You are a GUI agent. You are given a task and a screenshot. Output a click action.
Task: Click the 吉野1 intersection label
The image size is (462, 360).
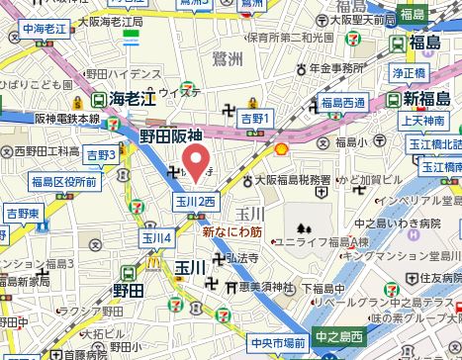255,119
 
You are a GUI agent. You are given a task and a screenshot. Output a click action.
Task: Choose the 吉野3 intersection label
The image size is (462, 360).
101,154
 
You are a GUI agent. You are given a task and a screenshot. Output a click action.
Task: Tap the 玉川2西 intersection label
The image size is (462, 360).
196,202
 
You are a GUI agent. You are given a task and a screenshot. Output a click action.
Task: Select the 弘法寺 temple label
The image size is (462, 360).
239,258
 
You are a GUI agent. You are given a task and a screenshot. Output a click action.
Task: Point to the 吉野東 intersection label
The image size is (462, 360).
23,213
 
